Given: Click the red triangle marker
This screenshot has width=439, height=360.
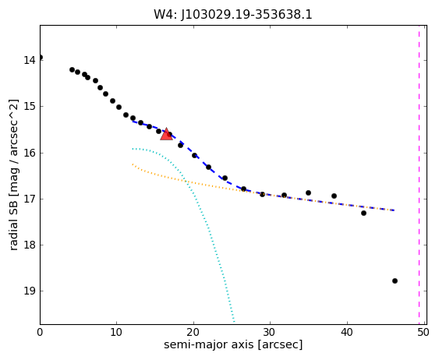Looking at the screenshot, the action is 166,134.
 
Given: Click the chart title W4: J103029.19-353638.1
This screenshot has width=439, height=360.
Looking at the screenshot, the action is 233,15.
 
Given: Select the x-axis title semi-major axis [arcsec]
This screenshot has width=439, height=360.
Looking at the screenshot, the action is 233,345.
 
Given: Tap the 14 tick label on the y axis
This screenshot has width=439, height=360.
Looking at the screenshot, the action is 30,61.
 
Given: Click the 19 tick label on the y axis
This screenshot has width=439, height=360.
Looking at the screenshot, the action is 30,291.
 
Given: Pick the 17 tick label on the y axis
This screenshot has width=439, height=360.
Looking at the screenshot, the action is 30,199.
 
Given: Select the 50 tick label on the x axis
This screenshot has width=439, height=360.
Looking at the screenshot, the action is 423,332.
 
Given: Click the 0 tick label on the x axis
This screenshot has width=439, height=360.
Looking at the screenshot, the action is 40,332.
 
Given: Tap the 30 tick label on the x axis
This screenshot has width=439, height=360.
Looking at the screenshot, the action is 270,332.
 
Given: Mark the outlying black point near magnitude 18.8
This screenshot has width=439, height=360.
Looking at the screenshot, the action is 395,281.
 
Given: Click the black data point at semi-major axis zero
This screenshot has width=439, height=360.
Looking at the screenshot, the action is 41,58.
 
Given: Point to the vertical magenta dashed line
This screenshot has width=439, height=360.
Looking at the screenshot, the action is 420,175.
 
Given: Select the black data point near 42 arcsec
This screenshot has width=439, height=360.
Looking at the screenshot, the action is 363,214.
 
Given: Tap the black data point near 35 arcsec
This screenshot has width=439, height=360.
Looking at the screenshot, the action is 308,192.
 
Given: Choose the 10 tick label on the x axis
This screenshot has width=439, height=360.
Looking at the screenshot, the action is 117,332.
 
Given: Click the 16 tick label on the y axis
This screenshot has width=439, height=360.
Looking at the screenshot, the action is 30,153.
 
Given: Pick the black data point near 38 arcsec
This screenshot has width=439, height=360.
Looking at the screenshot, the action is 334,196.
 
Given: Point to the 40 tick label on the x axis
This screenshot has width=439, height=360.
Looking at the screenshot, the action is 347,332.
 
